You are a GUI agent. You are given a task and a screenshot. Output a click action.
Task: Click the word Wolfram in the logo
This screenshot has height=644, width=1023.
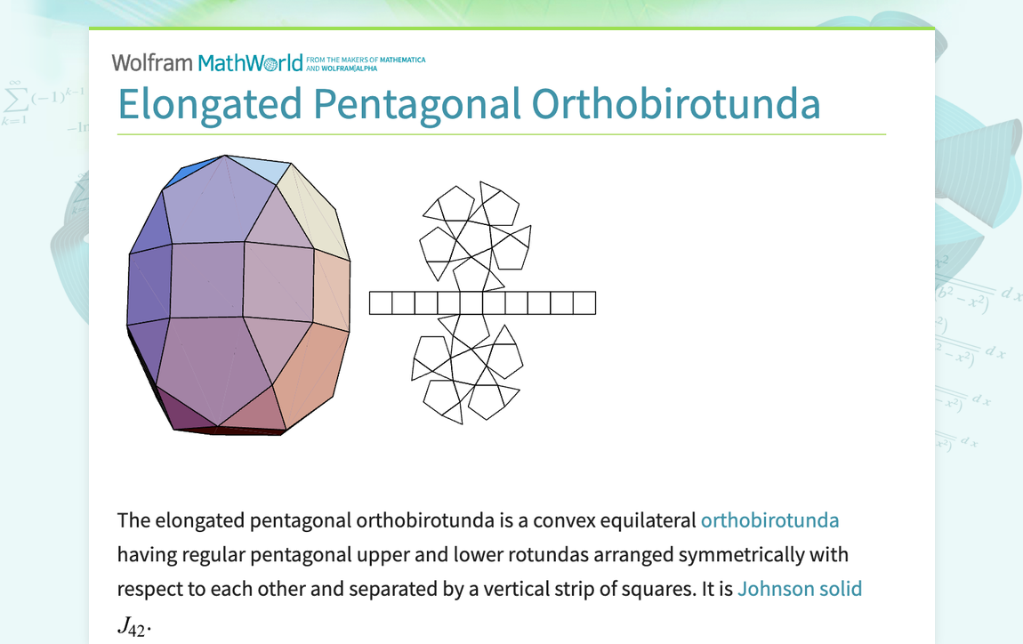(151, 62)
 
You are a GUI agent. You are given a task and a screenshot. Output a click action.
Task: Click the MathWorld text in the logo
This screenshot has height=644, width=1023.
(250, 62)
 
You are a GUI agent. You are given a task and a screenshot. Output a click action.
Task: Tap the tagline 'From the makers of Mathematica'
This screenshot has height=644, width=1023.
(366, 60)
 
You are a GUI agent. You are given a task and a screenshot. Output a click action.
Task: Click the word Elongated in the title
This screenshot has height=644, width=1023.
(210, 104)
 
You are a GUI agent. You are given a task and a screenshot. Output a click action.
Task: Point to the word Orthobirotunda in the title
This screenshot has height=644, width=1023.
(676, 104)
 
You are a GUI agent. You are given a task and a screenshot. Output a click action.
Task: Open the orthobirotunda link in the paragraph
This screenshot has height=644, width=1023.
(769, 520)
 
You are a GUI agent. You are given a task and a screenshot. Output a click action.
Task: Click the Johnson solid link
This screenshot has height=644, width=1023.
(799, 589)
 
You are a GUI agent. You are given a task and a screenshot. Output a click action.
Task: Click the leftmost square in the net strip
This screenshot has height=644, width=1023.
(381, 303)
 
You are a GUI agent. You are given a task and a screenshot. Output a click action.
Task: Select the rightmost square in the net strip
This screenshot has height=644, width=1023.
(584, 303)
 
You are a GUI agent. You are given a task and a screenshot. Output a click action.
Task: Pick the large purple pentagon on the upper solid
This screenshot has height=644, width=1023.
(218, 203)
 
